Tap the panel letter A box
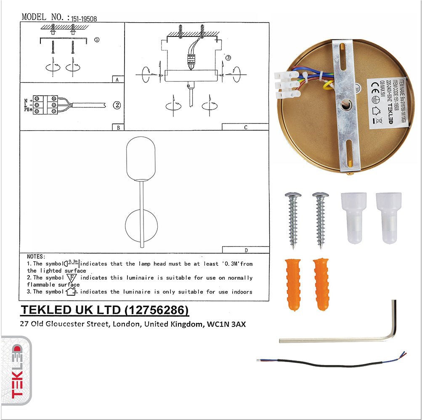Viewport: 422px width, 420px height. tap(118, 79)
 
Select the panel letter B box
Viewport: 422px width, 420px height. tap(118, 127)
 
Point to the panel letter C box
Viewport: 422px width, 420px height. tap(245, 127)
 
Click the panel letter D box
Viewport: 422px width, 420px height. tap(245, 250)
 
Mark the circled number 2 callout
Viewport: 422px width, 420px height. tap(117, 105)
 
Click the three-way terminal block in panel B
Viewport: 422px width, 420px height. tap(45, 105)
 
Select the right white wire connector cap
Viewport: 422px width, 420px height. tap(388, 218)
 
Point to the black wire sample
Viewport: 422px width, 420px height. tap(332, 363)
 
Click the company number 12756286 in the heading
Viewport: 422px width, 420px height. tap(157, 310)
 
